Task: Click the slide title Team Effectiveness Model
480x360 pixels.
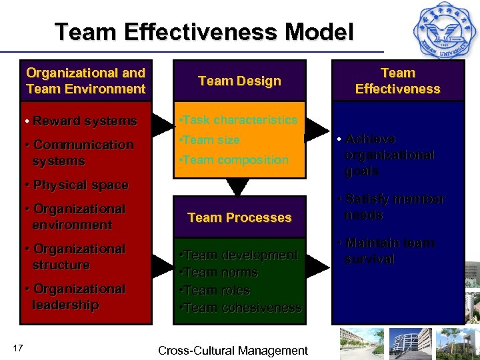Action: tap(204, 32)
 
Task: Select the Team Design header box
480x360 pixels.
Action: tap(239, 81)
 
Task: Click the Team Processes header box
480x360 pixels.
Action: tap(239, 217)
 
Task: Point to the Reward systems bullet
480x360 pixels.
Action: tap(80, 121)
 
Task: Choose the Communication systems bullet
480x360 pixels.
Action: tap(79, 153)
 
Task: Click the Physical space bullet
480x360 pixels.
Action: tap(76, 185)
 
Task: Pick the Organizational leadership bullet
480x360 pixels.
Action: tap(74, 297)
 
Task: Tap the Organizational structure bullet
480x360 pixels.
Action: tap(74, 257)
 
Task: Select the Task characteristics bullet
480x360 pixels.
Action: tap(239, 120)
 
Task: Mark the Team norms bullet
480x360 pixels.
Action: tap(219, 273)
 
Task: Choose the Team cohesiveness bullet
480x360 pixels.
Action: tap(241, 308)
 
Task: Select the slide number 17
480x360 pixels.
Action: tap(18, 346)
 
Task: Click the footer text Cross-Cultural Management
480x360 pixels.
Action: tap(233, 351)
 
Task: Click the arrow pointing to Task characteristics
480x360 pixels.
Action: tap(162, 123)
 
